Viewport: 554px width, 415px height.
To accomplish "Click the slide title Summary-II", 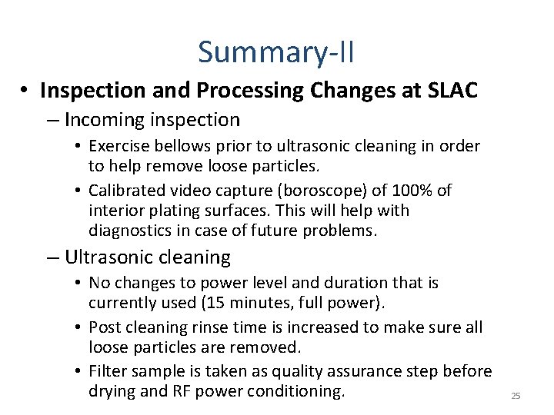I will pos(276,52).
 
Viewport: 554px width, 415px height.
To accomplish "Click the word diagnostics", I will pos(131,230).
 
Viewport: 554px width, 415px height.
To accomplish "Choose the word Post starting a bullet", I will pos(105,327).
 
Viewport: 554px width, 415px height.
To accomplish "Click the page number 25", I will pos(516,396).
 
